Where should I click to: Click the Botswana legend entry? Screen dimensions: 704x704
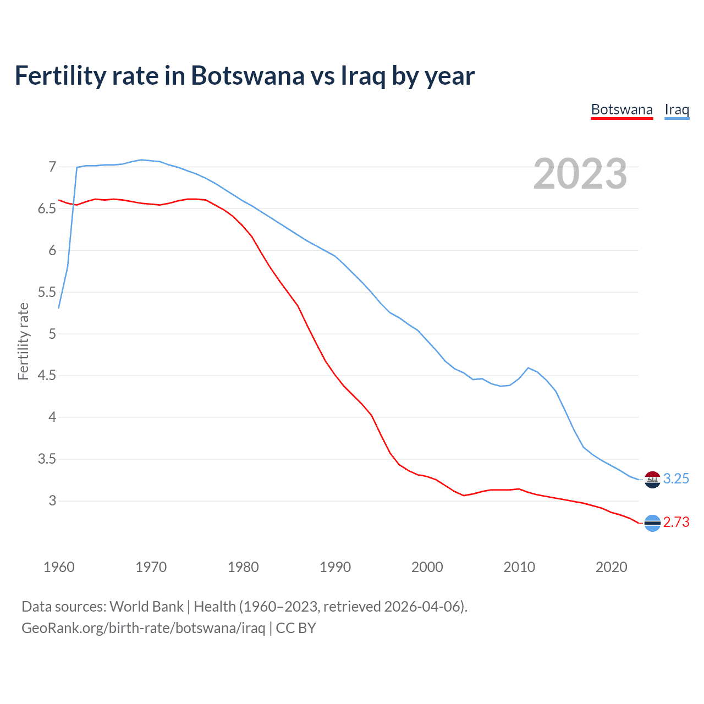[621, 109]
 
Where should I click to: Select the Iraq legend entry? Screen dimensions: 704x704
[676, 109]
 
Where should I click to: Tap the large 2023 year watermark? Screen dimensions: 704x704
[580, 174]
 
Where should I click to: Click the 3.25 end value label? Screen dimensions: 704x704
[676, 479]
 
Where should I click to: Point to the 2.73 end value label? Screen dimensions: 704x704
[676, 522]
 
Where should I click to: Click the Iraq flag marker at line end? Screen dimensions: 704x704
[652, 480]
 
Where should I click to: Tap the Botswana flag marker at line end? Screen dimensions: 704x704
[652, 523]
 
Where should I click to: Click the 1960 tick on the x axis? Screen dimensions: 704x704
[59, 567]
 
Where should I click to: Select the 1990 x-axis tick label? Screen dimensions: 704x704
[335, 567]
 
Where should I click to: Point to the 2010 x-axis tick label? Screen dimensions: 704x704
[519, 567]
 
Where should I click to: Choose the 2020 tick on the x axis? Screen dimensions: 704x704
[611, 567]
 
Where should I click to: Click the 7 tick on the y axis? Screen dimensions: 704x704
[52, 167]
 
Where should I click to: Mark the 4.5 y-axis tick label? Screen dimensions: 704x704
[47, 376]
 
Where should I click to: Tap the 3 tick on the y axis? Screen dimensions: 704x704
[52, 501]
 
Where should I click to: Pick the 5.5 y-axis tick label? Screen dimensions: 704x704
[47, 292]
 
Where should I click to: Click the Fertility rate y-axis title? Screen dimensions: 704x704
[23, 341]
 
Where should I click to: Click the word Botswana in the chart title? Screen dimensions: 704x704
[247, 75]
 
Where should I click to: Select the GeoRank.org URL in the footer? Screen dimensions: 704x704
[143, 628]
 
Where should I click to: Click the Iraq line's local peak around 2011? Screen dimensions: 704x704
[528, 368]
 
